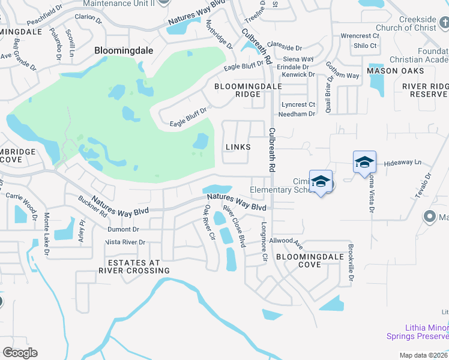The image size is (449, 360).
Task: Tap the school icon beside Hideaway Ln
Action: point(364,163)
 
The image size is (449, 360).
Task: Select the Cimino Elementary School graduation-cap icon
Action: point(321,182)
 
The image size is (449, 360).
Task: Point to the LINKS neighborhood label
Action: point(238,147)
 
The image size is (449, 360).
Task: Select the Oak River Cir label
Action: point(209,223)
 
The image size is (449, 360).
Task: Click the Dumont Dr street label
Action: point(123,229)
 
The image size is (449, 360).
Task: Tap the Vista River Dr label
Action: point(125,242)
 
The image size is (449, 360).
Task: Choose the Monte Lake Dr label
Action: point(45,235)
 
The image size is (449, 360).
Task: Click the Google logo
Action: point(20,352)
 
